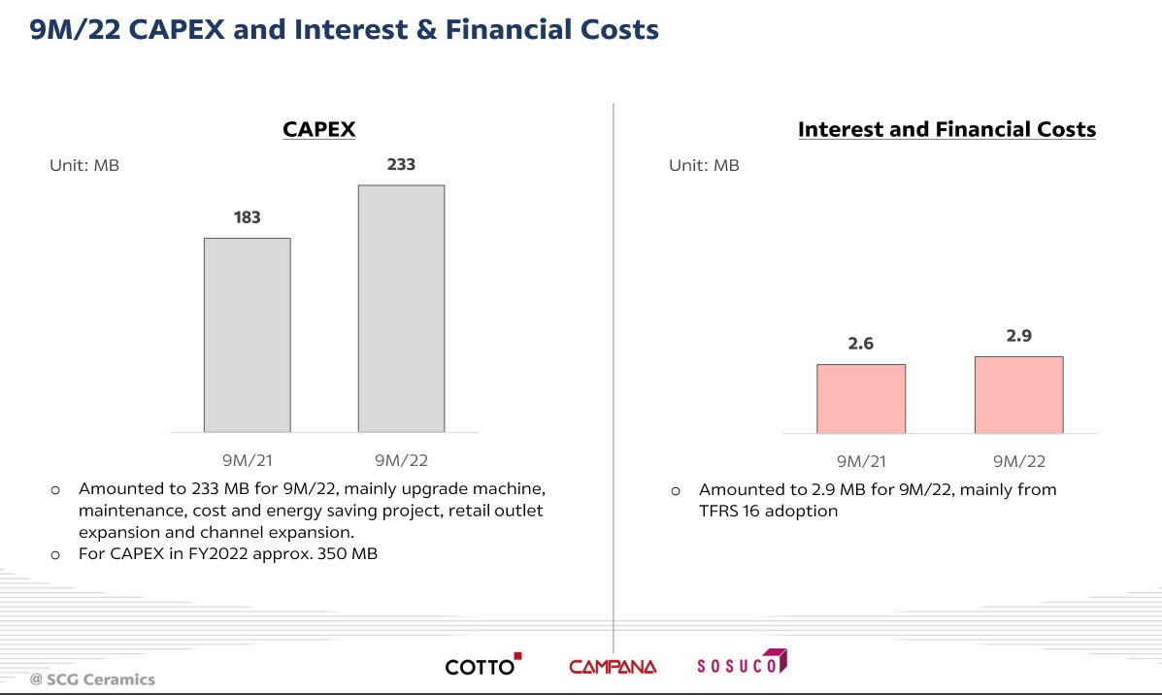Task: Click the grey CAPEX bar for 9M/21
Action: tap(247, 335)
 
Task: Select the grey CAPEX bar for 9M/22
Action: tap(401, 309)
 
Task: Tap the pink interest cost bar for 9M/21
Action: tap(861, 398)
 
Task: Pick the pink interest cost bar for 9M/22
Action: tap(1018, 394)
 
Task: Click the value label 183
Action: tap(247, 217)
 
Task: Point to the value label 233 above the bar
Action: tap(401, 164)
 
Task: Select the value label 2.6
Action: tap(861, 344)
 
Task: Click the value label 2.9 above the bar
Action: tap(1018, 336)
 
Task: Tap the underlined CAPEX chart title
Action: tap(318, 129)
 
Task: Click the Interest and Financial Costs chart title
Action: tap(946, 129)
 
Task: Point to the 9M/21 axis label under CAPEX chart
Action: tap(247, 461)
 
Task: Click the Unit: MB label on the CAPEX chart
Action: tap(84, 166)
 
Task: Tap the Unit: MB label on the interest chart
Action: tap(704, 166)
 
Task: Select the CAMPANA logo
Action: tap(613, 667)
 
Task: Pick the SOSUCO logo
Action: tap(742, 665)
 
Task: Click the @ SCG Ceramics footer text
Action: tap(92, 679)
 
